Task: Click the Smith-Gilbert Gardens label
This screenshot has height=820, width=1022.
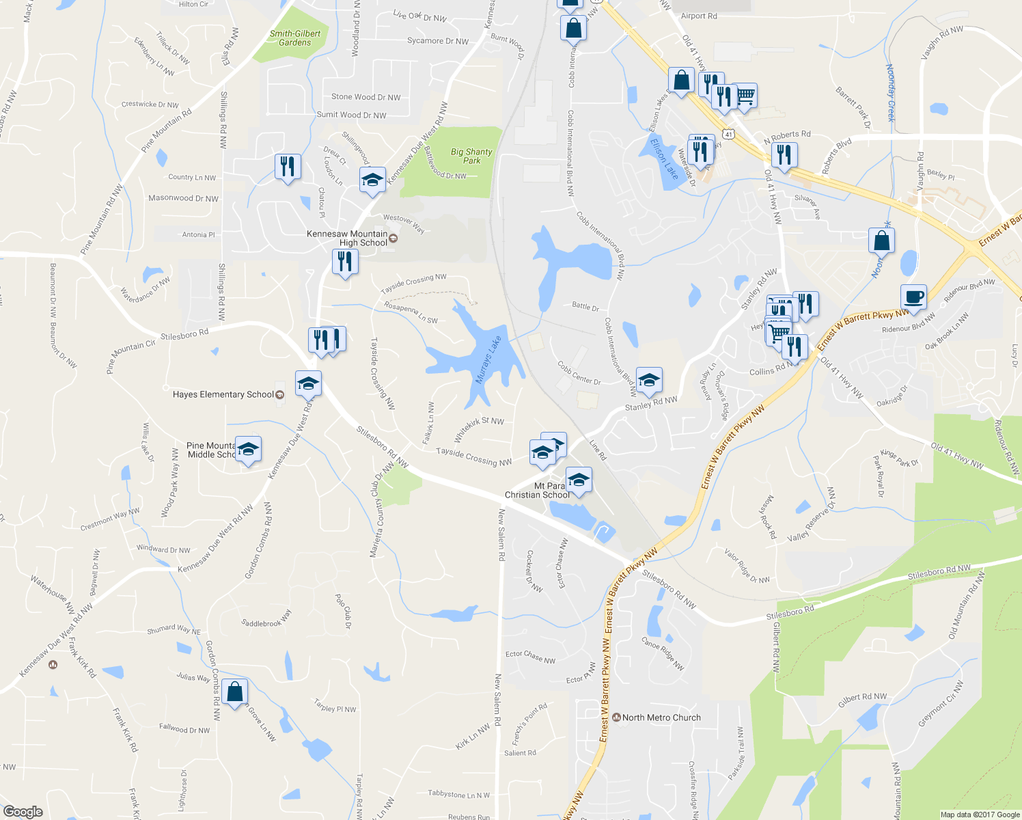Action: pyautogui.click(x=294, y=38)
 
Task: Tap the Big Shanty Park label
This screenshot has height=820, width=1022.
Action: pyautogui.click(x=471, y=156)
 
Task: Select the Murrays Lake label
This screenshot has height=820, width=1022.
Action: pyautogui.click(x=488, y=359)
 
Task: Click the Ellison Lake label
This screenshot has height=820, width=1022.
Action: pyautogui.click(x=664, y=159)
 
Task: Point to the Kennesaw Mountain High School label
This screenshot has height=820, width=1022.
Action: pyautogui.click(x=347, y=238)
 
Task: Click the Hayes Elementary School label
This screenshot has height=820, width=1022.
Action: pyautogui.click(x=223, y=394)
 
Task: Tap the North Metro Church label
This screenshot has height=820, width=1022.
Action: pyautogui.click(x=661, y=717)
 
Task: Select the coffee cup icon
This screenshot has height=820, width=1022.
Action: pyautogui.click(x=913, y=297)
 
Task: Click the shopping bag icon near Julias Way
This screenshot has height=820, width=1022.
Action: pyautogui.click(x=234, y=692)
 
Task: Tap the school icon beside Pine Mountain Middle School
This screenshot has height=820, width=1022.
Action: pyautogui.click(x=248, y=449)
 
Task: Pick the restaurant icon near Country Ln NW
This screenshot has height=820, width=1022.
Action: pyautogui.click(x=288, y=166)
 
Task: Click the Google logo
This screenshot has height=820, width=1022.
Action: pyautogui.click(x=23, y=811)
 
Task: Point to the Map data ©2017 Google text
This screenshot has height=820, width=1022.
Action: pyautogui.click(x=980, y=815)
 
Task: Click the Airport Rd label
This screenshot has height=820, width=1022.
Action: pyautogui.click(x=699, y=16)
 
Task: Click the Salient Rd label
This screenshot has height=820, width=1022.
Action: pyautogui.click(x=520, y=753)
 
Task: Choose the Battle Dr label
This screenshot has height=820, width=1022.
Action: pyautogui.click(x=585, y=307)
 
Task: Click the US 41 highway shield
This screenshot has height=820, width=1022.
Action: pyautogui.click(x=729, y=135)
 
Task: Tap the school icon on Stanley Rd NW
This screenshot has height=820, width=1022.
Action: pyautogui.click(x=648, y=380)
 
